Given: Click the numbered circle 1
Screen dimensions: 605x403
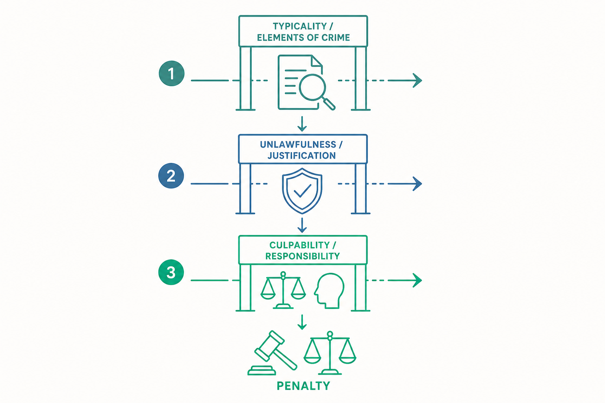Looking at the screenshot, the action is coord(171,74).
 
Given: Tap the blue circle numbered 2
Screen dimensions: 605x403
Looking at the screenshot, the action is coord(171,176).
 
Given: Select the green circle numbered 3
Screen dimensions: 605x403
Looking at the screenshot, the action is coord(171,272).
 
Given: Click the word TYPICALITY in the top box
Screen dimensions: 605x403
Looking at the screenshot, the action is coord(300,26).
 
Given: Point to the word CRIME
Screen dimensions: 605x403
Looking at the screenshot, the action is coord(336,37).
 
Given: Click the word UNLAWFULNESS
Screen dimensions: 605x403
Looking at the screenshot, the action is coord(298,145).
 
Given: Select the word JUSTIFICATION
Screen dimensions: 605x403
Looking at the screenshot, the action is coord(302,156).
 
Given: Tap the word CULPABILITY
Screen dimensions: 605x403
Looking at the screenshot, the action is coord(299,245).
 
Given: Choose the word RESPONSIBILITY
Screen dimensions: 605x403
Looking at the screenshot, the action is coord(302,256).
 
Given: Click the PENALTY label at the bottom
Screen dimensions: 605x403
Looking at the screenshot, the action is coord(303,386).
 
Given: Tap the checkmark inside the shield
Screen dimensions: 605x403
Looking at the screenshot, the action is coord(302,190).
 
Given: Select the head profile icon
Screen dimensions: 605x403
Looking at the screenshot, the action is coord(329,291).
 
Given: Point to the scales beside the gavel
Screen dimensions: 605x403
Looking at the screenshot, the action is coord(330,353).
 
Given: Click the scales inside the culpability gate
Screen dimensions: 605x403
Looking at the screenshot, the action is coord(283,290).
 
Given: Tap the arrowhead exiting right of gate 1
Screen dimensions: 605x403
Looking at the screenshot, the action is coord(418,80).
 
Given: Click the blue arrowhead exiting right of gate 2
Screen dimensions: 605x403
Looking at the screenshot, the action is coord(418,184).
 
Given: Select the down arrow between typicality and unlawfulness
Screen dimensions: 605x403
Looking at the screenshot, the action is coord(302,124).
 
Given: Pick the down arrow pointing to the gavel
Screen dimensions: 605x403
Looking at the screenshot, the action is coord(302,322).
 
